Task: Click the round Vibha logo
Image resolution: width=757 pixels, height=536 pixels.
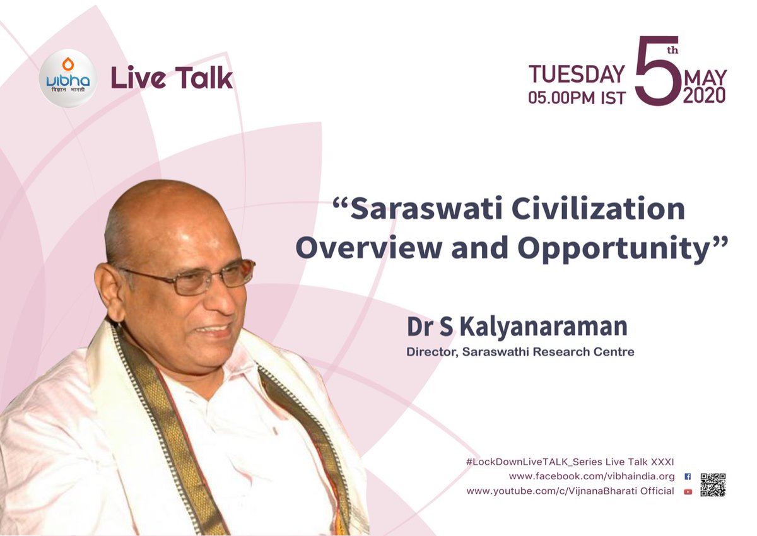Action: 67,78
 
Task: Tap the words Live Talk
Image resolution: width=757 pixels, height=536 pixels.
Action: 172,78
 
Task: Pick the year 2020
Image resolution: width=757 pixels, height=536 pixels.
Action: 704,95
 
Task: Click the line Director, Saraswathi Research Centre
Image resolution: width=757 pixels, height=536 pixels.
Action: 520,352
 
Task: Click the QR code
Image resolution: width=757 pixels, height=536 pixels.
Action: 712,484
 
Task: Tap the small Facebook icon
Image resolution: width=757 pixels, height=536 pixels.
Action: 688,477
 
